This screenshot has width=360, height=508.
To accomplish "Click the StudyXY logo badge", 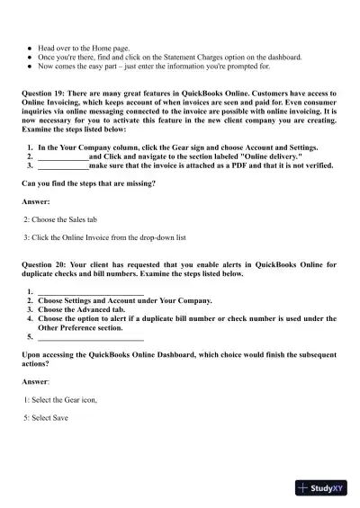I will (320, 488).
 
